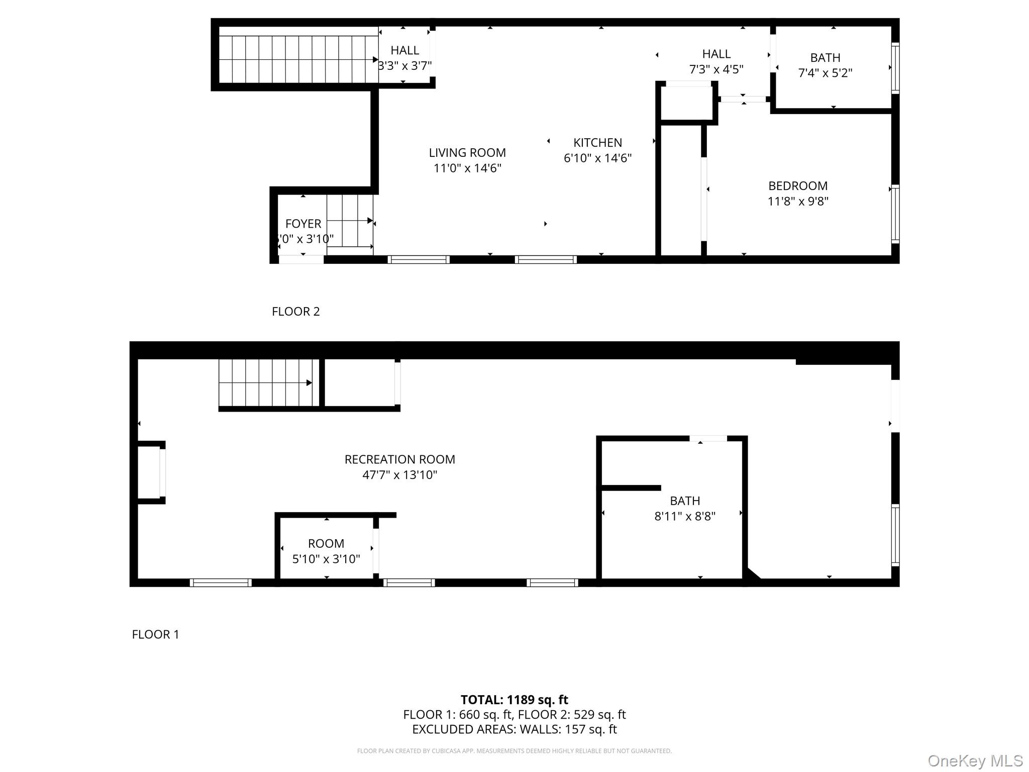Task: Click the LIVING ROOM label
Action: (467, 153)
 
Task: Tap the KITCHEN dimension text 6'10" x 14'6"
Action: (597, 158)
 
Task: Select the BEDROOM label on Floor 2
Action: (797, 186)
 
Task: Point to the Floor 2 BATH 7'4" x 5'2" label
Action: (825, 65)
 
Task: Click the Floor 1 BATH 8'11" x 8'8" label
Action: (684, 508)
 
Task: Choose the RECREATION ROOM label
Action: (399, 459)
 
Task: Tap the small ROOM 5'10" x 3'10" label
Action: (326, 551)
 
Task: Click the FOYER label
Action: (303, 224)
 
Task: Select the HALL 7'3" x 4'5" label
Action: (716, 61)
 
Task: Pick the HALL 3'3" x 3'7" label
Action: (404, 58)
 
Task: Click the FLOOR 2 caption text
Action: (295, 312)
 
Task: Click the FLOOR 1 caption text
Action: (155, 634)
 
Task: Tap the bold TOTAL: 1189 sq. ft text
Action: (514, 700)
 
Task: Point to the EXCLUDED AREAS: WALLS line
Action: (514, 729)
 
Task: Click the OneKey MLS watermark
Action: (975, 760)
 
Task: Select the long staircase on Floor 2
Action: (298, 59)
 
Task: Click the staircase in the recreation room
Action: (269, 383)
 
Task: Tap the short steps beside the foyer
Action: (350, 221)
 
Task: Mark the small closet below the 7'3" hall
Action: (686, 103)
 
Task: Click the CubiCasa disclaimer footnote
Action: (514, 751)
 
